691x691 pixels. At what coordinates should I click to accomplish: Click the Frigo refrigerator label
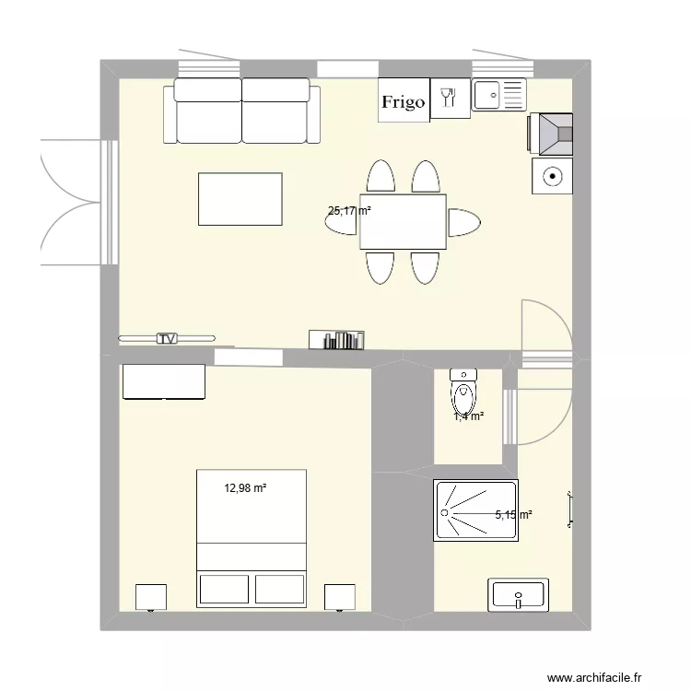(x=404, y=102)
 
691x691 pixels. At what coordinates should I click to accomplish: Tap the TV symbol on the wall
(x=167, y=338)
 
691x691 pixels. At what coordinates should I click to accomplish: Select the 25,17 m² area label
(x=349, y=210)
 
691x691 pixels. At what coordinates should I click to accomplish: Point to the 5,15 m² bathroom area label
(x=513, y=515)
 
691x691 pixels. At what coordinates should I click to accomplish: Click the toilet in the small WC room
(x=463, y=394)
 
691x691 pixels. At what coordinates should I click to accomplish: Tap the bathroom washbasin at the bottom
(x=520, y=594)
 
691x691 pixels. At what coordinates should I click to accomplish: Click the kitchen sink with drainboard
(x=498, y=94)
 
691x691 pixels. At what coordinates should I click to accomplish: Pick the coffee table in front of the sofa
(x=240, y=199)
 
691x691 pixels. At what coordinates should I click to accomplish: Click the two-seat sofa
(x=242, y=111)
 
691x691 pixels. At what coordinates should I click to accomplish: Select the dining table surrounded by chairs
(x=403, y=222)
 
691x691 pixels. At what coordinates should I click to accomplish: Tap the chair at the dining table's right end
(x=464, y=222)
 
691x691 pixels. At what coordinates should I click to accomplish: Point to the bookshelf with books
(x=336, y=340)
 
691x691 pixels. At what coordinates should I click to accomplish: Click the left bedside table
(x=150, y=597)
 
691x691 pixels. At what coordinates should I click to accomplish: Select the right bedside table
(x=340, y=597)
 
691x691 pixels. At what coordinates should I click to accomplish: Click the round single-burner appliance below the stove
(x=552, y=175)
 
